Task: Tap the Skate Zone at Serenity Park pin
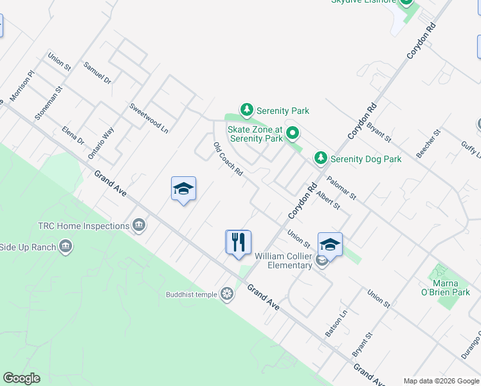pos(293,134)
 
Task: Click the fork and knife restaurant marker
pos(238,243)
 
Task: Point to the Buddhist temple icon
pos(226,295)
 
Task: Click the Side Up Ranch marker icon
pos(66,246)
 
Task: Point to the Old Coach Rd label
pos(228,160)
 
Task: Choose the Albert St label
pos(328,199)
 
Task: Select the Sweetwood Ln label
pos(149,118)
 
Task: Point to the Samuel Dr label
pos(98,73)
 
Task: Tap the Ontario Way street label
pos(101,142)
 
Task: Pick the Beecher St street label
pos(428,143)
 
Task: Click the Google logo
pos(21,378)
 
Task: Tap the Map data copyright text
pos(441,381)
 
